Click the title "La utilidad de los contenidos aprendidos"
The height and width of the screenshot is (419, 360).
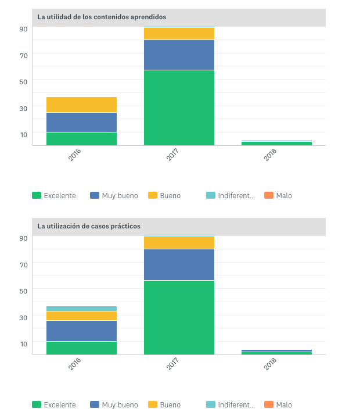click(102, 17)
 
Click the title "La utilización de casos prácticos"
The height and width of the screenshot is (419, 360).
click(89, 226)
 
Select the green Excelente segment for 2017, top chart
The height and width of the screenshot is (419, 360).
click(179, 108)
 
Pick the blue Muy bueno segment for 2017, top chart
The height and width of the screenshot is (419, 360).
click(179, 55)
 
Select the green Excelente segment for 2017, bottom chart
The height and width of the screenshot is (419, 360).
click(179, 317)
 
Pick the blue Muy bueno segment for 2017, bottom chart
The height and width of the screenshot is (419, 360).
click(179, 264)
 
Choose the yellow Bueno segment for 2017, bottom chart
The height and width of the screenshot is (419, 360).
click(179, 243)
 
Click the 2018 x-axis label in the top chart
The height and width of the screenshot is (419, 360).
click(270, 155)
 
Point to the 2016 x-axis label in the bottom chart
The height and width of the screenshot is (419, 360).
click(74, 364)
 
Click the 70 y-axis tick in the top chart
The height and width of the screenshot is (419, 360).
click(24, 55)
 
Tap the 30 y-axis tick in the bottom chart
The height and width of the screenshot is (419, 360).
click(24, 317)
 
